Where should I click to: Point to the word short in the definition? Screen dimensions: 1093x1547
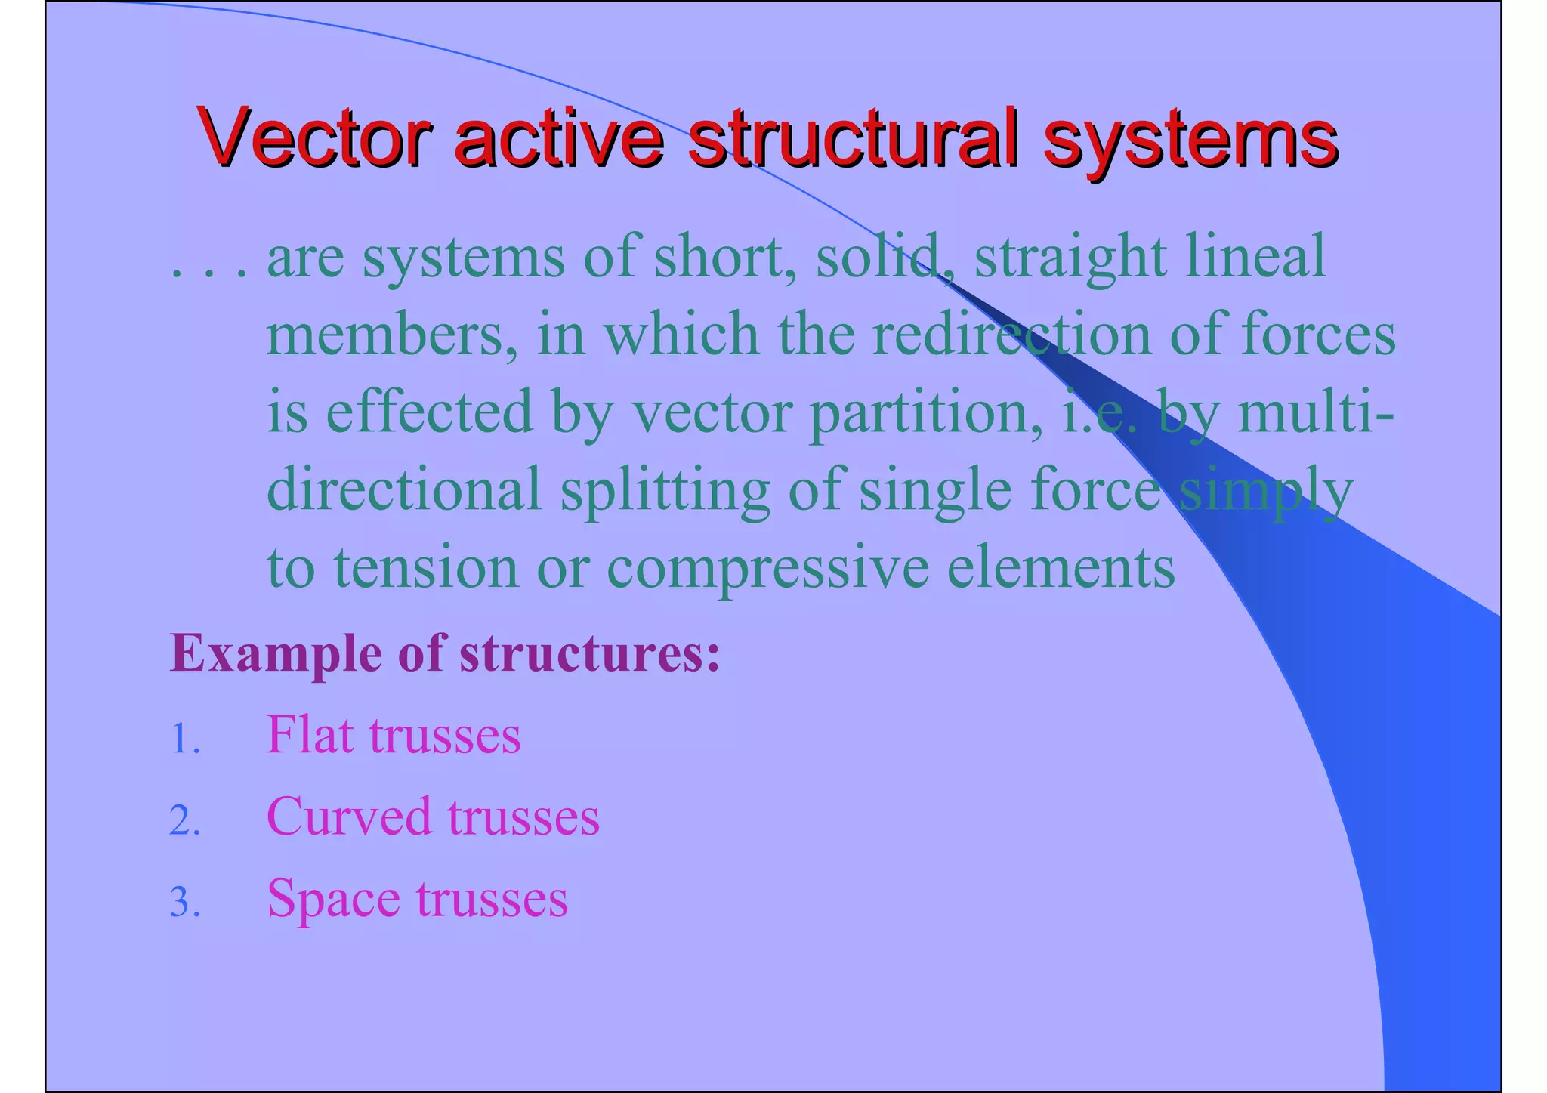pos(724,257)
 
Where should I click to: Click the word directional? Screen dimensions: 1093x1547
pos(404,489)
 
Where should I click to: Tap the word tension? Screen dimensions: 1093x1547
pos(426,569)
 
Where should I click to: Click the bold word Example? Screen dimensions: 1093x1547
pos(275,653)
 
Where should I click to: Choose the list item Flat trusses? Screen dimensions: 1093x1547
pos(393,735)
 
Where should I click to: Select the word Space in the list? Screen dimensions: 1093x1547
pos(333,900)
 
